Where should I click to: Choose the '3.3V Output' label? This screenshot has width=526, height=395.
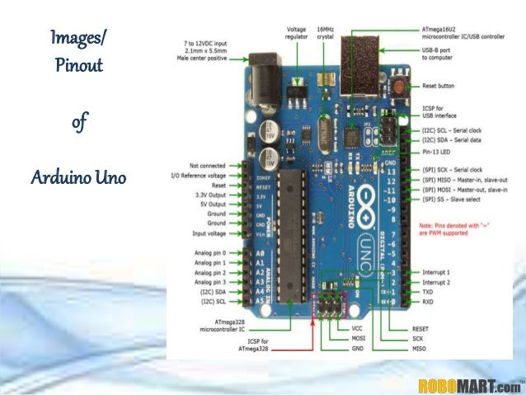click(x=208, y=194)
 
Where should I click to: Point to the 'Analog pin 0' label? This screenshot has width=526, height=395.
click(x=210, y=252)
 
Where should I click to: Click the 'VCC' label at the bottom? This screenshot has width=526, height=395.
click(x=357, y=328)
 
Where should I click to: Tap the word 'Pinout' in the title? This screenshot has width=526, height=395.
click(x=80, y=65)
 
